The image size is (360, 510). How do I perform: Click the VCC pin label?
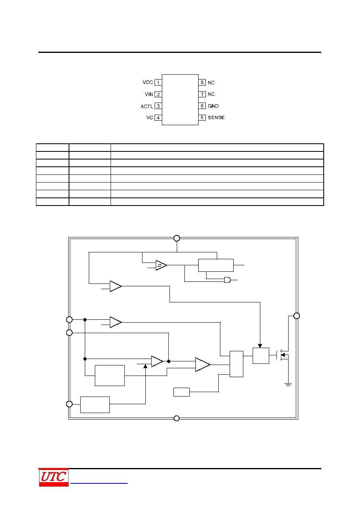tap(147, 82)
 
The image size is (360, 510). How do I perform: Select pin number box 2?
tap(158, 94)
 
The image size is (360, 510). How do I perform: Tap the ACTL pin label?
tap(147, 106)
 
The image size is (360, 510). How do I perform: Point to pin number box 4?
tap(158, 118)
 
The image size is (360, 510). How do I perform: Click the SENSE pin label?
tap(216, 118)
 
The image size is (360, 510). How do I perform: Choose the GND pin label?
tap(213, 106)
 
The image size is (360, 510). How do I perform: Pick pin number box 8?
tap(202, 82)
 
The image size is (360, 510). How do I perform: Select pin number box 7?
tap(202, 94)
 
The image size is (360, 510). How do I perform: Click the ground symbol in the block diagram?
tap(288, 384)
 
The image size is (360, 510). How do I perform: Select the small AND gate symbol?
tap(227, 280)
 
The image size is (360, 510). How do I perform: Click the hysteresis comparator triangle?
tap(161, 265)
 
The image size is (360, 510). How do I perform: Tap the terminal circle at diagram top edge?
tap(177, 238)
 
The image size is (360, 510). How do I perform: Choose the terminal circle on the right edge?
tap(297, 316)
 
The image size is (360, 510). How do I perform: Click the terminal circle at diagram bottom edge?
tap(177, 418)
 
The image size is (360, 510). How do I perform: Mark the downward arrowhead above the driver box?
tap(260, 346)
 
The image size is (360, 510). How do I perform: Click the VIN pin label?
tap(149, 94)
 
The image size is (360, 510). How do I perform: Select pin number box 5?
tap(202, 118)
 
